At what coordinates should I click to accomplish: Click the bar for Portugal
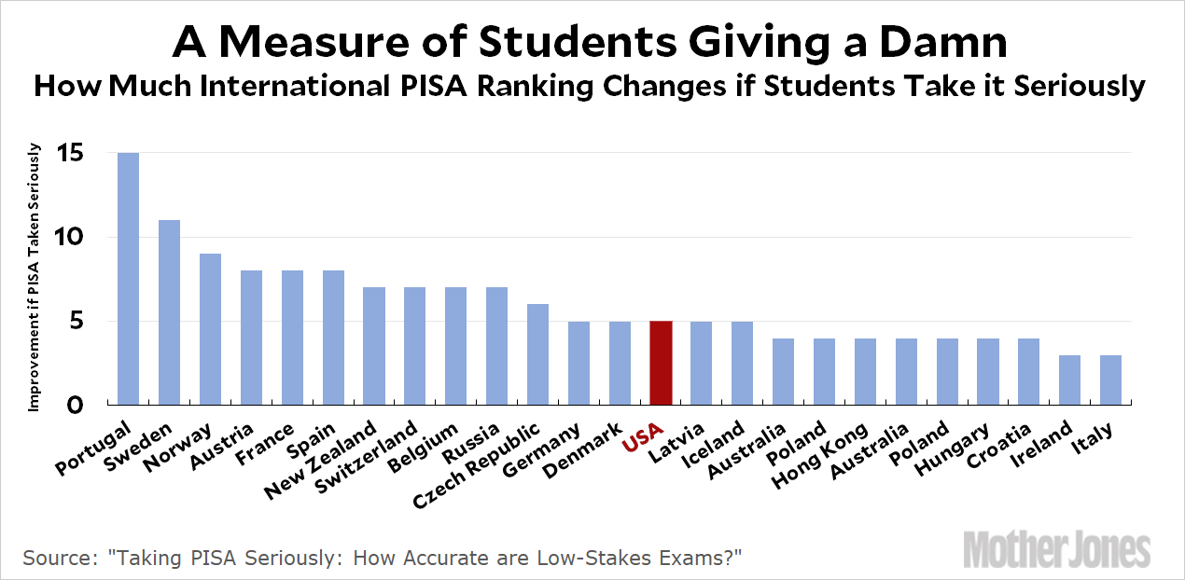tap(128, 279)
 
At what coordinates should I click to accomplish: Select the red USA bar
tap(660, 364)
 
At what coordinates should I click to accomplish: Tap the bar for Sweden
tap(169, 312)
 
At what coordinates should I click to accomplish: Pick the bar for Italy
tap(1109, 380)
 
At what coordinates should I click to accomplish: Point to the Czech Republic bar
tap(537, 355)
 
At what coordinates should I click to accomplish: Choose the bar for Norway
tap(210, 329)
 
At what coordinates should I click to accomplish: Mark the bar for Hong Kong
tap(864, 372)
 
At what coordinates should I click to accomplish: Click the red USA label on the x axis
tap(643, 437)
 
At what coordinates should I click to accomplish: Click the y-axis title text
tap(35, 277)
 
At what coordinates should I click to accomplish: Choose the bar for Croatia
tap(1028, 372)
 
